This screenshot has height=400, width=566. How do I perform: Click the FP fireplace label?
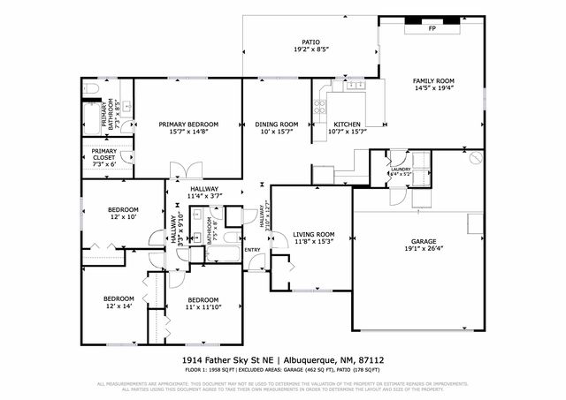(432, 29)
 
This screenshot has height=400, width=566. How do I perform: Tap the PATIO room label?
(310, 42)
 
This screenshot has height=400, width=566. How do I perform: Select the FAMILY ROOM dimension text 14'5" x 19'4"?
(434, 88)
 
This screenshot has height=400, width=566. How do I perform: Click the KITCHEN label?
(347, 125)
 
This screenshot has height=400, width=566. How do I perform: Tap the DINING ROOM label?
(277, 125)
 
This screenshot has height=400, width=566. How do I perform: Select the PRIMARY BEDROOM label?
(188, 125)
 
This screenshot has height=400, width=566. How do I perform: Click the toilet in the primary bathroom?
(91, 89)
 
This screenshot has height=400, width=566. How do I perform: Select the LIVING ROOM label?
(313, 234)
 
